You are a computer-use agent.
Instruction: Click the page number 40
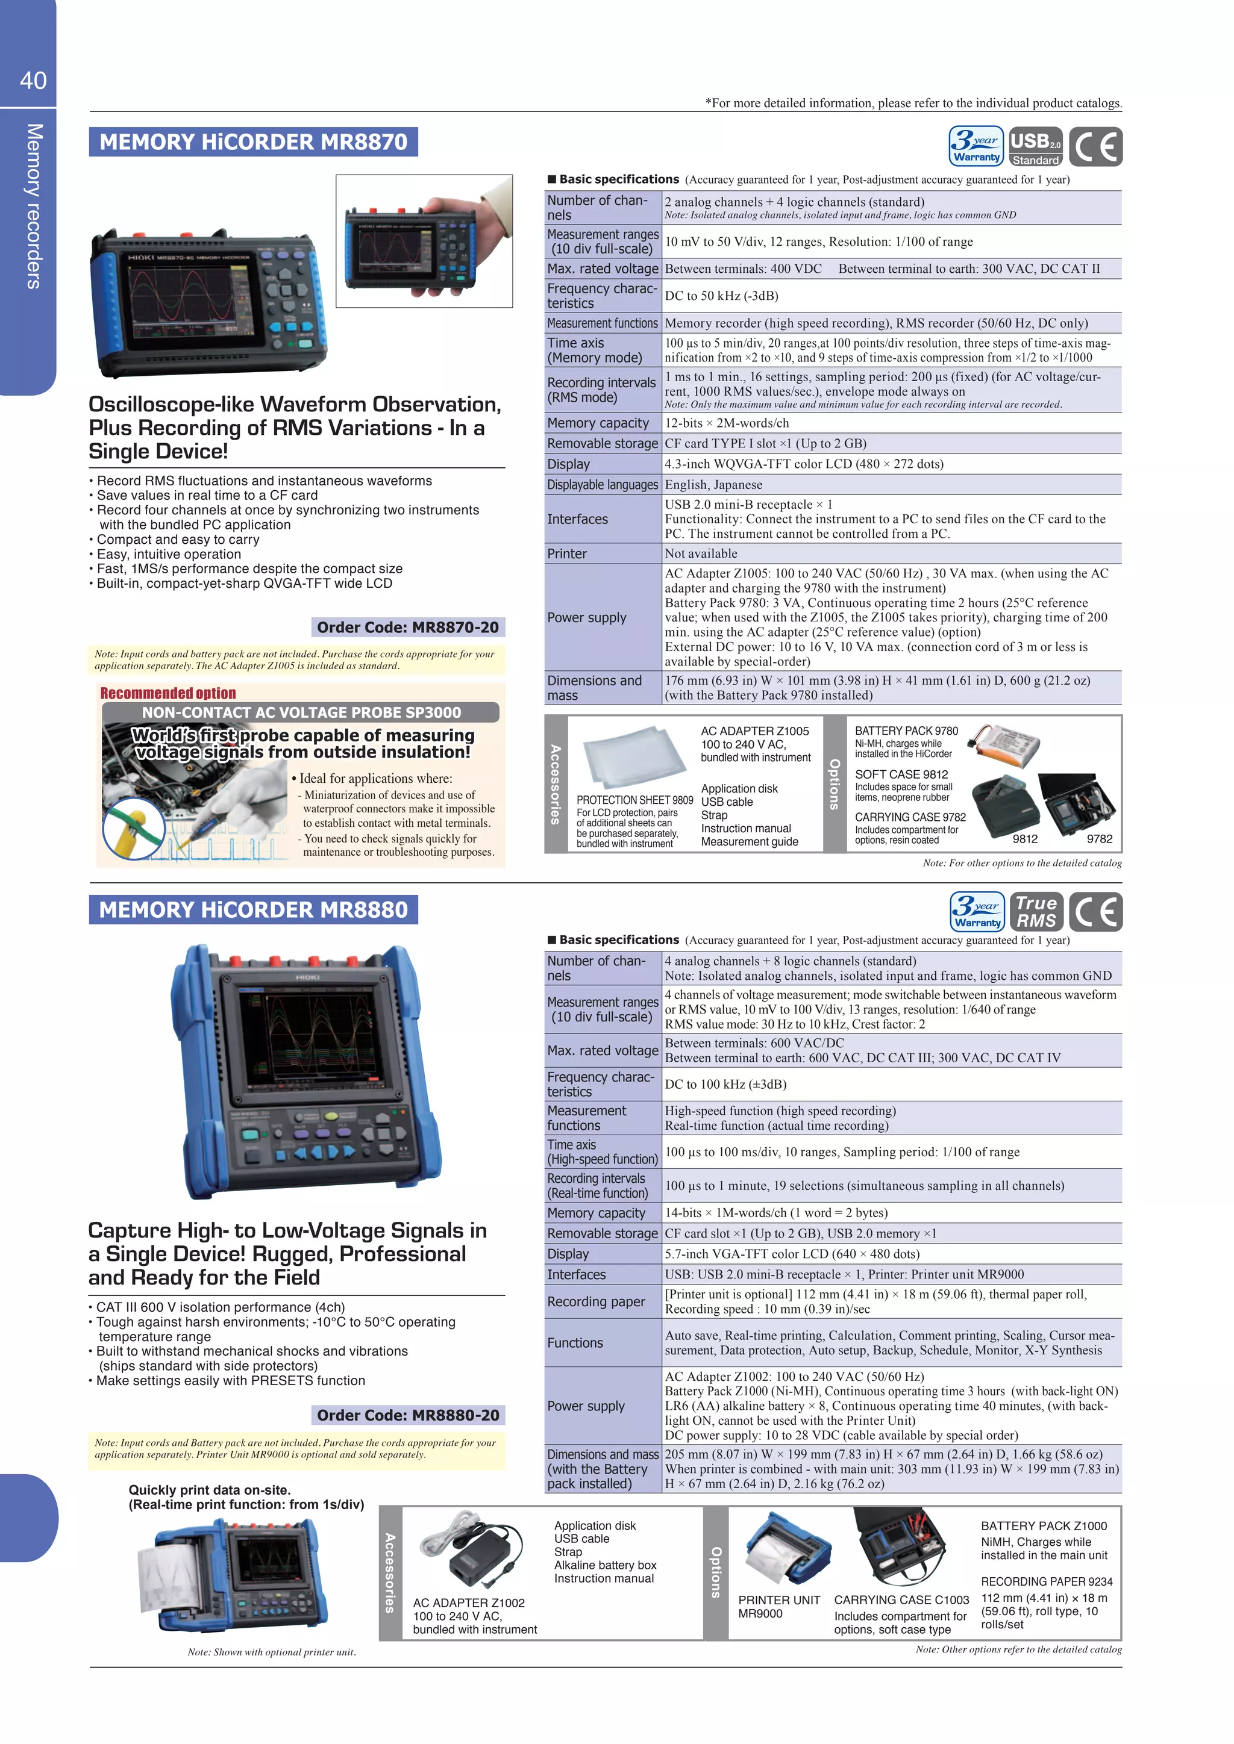tap(33, 79)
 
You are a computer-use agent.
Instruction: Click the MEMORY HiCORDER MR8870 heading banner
tap(253, 142)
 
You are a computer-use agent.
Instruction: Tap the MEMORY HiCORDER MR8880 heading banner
tap(253, 909)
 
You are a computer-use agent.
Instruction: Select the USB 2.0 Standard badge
tap(1036, 146)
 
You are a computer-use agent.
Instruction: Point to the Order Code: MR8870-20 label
tap(408, 628)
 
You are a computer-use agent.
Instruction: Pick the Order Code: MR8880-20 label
tap(408, 1415)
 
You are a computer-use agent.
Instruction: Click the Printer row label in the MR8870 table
tap(567, 554)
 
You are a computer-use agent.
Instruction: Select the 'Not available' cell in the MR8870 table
tap(701, 554)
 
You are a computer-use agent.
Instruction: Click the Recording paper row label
tap(596, 1302)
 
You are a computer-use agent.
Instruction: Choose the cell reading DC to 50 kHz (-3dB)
tap(721, 296)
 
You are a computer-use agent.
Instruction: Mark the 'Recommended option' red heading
tap(168, 693)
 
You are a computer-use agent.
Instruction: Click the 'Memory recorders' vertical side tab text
tap(33, 206)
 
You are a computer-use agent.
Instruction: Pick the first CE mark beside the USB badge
tap(1095, 146)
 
